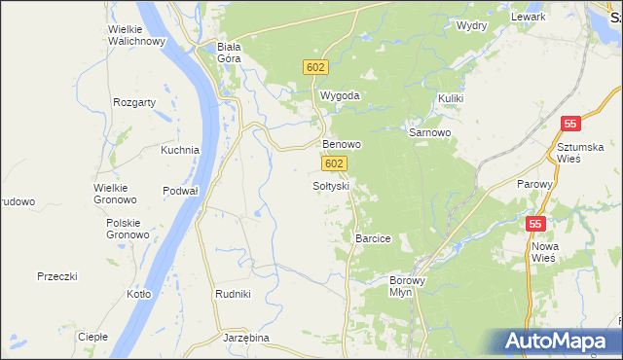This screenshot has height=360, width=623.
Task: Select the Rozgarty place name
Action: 134,101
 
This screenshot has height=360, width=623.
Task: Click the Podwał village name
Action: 180,191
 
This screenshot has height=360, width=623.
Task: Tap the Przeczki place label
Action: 56,276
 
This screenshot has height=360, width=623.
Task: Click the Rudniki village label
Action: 233,294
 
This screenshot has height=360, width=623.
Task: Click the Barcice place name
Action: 373,238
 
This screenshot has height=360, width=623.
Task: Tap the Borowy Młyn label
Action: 401,285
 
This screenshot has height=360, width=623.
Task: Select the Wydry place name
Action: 471,25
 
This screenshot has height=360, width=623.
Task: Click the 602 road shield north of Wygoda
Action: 315,66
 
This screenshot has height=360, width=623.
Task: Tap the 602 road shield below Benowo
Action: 334,164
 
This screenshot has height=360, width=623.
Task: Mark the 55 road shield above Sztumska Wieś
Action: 571,124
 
